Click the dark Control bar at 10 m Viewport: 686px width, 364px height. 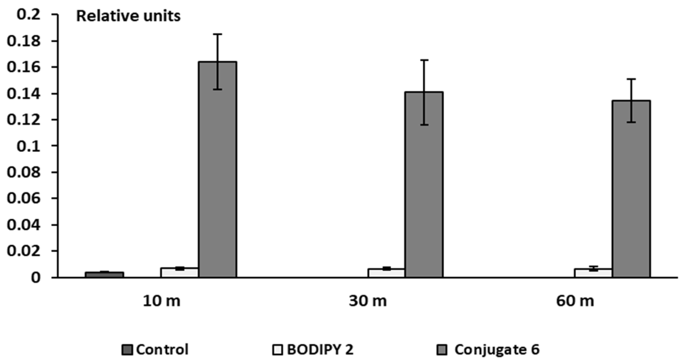104,274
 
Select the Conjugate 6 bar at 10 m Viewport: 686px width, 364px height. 217,170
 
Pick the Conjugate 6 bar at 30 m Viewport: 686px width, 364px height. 424,187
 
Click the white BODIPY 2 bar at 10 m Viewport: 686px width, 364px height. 180,272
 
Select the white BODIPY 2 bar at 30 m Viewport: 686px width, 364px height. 386,273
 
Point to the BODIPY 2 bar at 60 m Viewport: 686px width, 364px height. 593,273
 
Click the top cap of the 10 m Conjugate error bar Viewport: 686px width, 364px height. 217,34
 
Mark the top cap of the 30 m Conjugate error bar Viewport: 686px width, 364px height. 424,60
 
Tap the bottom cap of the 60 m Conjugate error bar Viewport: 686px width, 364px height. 631,122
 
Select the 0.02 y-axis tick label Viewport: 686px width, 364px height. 24,251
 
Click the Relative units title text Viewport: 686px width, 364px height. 128,16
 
